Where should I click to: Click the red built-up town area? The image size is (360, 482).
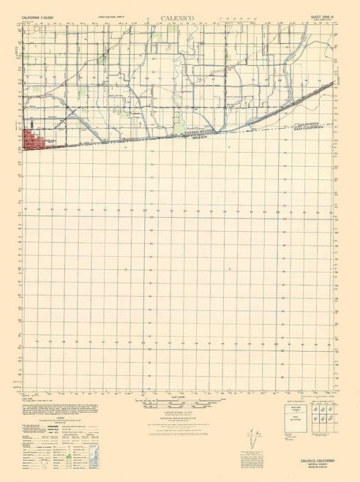point(34,140)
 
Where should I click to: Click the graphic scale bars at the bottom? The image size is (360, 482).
point(179,402)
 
